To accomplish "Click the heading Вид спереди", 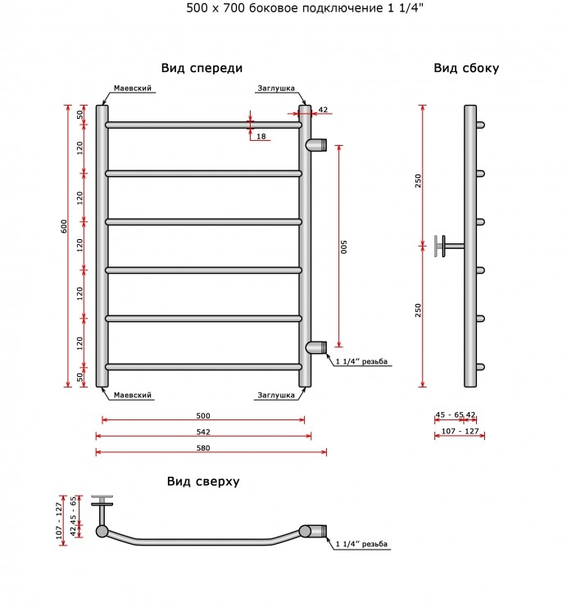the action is click(x=202, y=69).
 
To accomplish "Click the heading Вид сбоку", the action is click(x=466, y=68).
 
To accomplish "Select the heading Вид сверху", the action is click(x=203, y=482).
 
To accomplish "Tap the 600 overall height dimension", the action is click(x=64, y=226).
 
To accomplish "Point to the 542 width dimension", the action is click(x=203, y=432).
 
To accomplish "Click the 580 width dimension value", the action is click(x=203, y=448).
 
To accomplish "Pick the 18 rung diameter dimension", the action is click(x=261, y=136).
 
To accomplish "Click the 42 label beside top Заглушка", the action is click(x=323, y=110).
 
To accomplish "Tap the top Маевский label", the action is click(x=133, y=88).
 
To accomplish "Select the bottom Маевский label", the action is click(x=133, y=396).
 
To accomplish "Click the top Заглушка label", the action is click(x=276, y=88).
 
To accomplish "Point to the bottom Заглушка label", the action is click(x=276, y=396).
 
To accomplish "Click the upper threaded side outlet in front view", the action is click(x=316, y=145).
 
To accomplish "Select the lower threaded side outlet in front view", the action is click(x=316, y=347).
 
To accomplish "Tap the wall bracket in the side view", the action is click(x=447, y=246).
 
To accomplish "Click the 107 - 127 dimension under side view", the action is click(x=460, y=431).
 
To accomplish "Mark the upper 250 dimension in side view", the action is click(x=418, y=181).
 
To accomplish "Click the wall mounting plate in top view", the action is click(x=102, y=501).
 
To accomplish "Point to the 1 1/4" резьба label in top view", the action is click(x=361, y=544).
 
